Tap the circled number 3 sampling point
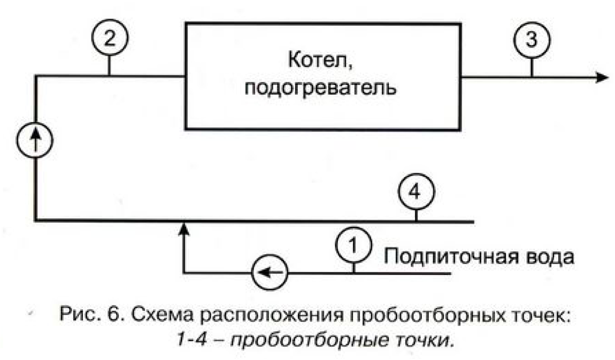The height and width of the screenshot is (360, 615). tap(531, 41)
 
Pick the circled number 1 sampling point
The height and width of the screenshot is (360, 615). tap(353, 247)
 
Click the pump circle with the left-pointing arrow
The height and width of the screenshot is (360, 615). tap(270, 274)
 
